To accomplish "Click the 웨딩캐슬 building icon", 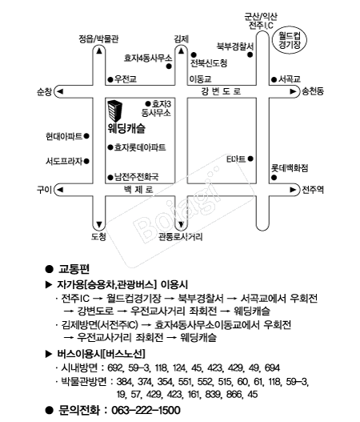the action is coord(115,111).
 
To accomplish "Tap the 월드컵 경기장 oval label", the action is coord(290,40).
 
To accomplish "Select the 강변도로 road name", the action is coord(221,91).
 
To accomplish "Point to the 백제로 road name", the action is coord(138,190).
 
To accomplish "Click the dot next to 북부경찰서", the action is coord(250,55).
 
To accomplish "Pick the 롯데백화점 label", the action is coord(290,168).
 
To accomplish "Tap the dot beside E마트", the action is coord(250,159).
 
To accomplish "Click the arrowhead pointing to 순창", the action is coord(60,91).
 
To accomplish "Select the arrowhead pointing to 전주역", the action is coord(293,190).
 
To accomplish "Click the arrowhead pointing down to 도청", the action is coord(99,224).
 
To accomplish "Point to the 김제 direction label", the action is coord(182,39).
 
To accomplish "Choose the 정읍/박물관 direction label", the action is coord(98,39).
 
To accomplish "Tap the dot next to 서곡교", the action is coord(274,79).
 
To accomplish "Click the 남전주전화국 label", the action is coord(137,177).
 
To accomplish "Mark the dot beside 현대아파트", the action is coord(86,136).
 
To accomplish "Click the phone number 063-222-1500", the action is coord(146,411).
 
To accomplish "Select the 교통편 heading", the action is coord(74,269).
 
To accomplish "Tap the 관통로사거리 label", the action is coord(181,237).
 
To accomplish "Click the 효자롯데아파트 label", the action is coord(140,147).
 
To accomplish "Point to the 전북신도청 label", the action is coord(209,63).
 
